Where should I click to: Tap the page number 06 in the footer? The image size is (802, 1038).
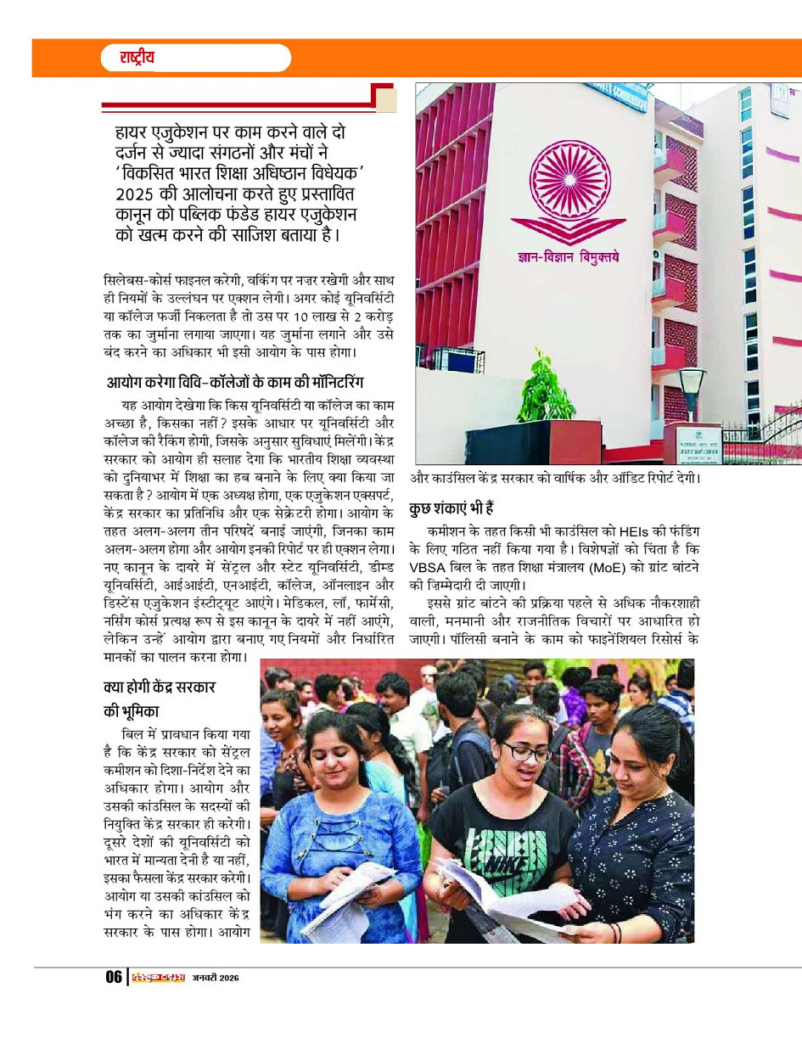[x=114, y=977]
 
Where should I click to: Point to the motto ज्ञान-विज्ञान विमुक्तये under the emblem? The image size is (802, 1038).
[x=569, y=254]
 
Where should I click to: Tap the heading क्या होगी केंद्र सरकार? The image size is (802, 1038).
[x=170, y=686]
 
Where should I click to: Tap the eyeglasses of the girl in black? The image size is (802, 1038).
[x=525, y=751]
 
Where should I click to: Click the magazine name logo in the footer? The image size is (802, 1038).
[x=159, y=977]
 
